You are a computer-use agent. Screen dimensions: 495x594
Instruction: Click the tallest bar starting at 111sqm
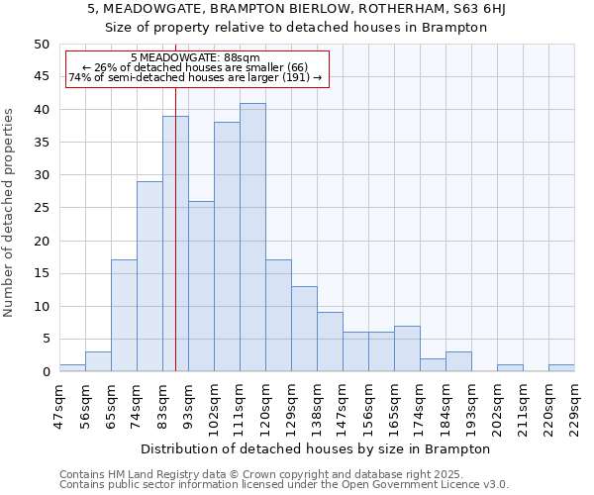pos(252,238)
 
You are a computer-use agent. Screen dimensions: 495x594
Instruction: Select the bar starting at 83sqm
pos(175,244)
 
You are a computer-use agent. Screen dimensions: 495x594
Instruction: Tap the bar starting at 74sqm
pos(149,276)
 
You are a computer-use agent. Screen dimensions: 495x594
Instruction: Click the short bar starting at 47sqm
pos(72,368)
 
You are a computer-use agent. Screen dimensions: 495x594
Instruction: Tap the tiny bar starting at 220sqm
pos(561,368)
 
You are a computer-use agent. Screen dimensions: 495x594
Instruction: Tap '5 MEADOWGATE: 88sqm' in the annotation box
pos(195,58)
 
